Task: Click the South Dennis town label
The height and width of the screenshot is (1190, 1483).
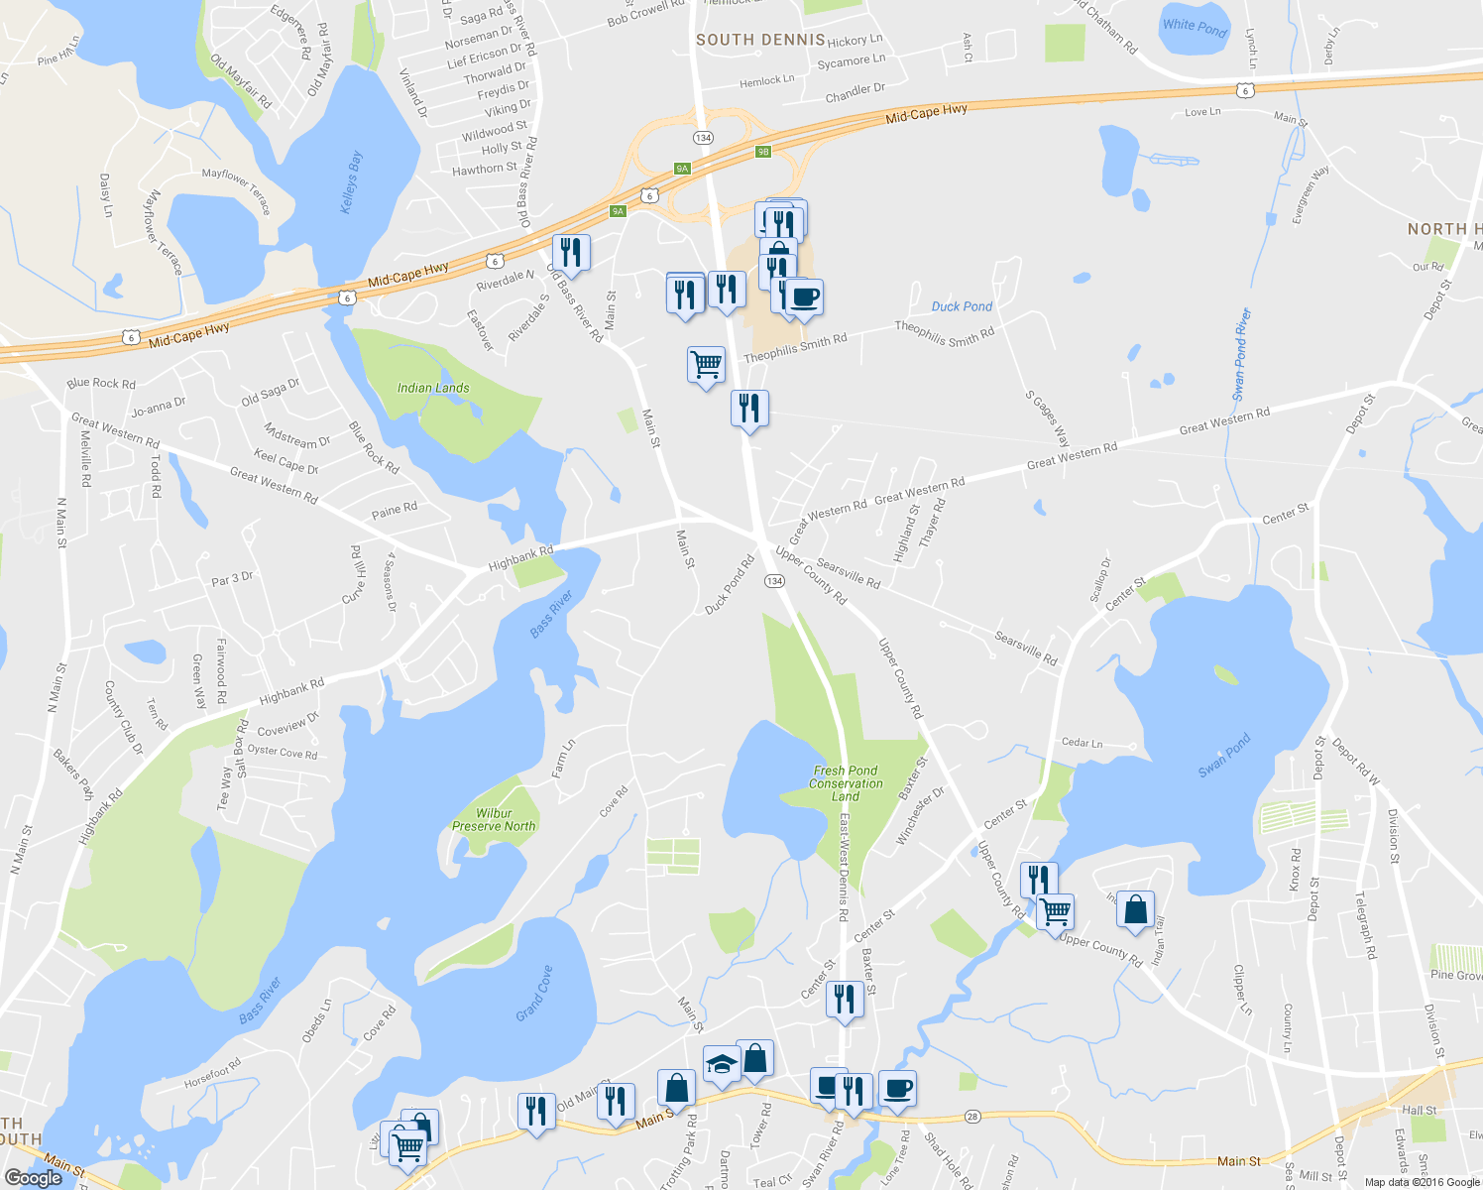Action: point(760,40)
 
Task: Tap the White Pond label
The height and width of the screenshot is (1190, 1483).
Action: point(1195,28)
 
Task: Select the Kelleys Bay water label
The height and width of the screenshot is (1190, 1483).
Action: point(352,181)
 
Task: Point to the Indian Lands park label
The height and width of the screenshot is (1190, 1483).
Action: point(433,388)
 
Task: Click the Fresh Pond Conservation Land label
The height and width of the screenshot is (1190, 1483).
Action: point(846,782)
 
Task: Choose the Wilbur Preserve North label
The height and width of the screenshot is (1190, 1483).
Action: point(494,819)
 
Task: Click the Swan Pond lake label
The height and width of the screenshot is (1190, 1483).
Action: point(1224,755)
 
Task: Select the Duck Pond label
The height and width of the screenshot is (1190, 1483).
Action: point(962,306)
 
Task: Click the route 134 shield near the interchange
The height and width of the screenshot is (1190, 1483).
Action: point(703,137)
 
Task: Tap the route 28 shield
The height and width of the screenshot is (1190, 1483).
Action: point(972,1116)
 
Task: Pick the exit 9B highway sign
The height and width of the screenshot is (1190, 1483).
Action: point(762,152)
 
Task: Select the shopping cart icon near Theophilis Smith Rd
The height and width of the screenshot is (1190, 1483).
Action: point(706,364)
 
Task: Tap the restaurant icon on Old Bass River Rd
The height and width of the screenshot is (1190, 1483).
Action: point(570,252)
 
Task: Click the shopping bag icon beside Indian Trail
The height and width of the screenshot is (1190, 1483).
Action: point(1135,908)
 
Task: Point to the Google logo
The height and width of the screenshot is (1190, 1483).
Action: point(33,1178)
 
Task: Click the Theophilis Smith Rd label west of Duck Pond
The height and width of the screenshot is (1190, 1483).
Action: point(795,348)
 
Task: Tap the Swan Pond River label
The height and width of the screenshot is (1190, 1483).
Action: point(1242,354)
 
